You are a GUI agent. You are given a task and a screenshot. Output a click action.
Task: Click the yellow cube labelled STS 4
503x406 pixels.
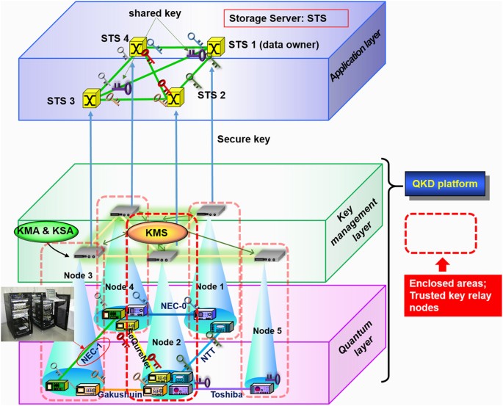(x=137, y=48)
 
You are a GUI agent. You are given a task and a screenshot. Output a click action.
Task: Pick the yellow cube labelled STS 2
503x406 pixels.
(x=174, y=96)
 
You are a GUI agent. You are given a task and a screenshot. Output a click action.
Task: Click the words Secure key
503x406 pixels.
(x=245, y=138)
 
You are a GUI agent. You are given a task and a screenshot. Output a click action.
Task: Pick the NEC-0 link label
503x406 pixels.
(x=166, y=305)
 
